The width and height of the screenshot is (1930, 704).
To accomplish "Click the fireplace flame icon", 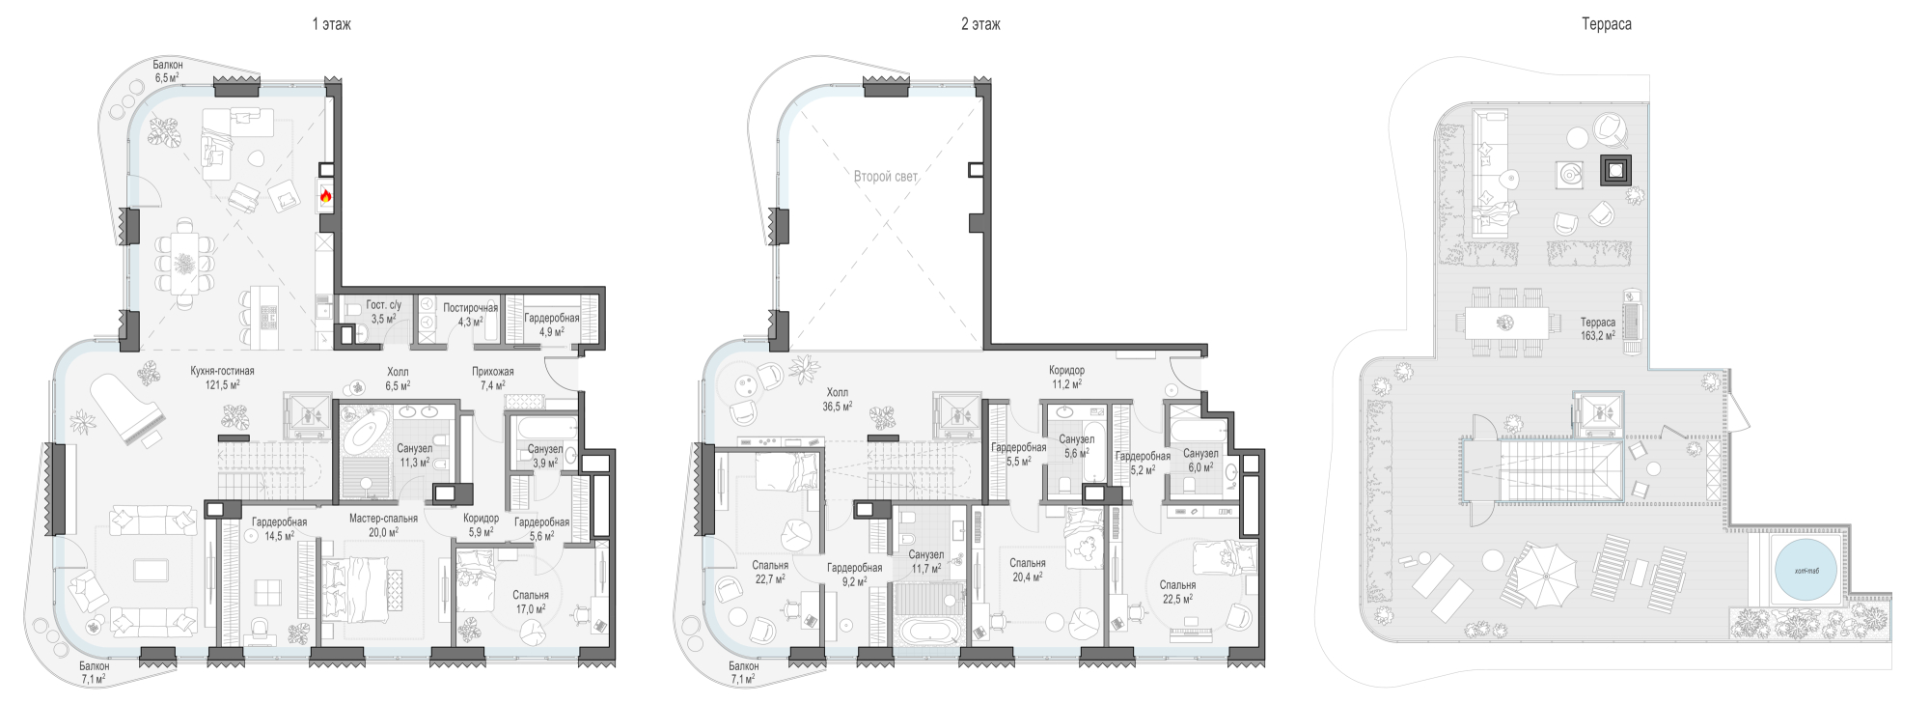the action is [326, 196].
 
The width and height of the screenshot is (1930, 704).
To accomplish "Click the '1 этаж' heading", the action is [331, 24].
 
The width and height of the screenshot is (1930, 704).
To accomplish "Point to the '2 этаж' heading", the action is [979, 24].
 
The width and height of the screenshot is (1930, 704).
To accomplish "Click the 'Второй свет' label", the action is [885, 177].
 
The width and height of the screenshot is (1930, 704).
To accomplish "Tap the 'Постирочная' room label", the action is [470, 308].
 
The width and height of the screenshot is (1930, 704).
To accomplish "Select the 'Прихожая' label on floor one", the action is [492, 372].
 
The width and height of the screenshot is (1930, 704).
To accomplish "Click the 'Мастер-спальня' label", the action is [383, 519].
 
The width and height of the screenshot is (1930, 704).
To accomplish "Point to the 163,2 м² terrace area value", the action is [1598, 336].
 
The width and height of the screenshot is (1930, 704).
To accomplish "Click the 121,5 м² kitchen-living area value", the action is [222, 384].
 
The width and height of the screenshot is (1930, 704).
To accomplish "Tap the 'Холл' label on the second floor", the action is [836, 392].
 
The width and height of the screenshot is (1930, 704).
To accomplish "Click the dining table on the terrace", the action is [1505, 322].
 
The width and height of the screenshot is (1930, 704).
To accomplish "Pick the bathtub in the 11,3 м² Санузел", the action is [366, 434].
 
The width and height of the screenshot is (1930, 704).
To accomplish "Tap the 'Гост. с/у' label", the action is [383, 305].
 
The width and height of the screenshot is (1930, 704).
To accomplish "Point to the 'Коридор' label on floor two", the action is [1066, 371].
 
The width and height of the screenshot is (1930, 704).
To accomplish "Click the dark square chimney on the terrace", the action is [1615, 171].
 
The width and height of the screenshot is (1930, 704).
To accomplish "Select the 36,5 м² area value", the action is [836, 407].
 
